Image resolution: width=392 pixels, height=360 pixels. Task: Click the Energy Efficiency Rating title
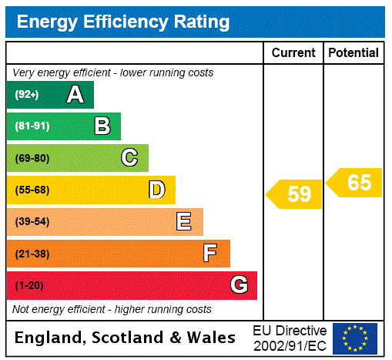pos(123,22)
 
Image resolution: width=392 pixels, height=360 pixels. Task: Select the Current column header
pos(293,53)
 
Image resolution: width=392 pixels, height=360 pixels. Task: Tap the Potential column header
pos(353,53)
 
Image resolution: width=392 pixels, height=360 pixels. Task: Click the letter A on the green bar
pos(75,95)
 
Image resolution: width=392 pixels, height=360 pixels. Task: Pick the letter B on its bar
pos(102,126)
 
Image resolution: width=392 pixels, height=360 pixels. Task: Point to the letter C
pos(129,158)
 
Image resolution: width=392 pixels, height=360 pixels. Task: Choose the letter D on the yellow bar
pos(156,190)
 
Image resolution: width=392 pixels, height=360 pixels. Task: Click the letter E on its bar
pos(184,222)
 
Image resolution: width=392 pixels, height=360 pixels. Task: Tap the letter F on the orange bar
pos(210,254)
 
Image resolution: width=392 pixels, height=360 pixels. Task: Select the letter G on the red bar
pos(239,285)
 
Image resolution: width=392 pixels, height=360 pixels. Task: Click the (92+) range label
pos(27,95)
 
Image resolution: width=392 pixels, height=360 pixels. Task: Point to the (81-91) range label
pos(32,126)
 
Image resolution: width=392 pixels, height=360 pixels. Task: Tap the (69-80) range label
pos(32,158)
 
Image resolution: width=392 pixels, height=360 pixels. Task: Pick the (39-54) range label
pos(32,222)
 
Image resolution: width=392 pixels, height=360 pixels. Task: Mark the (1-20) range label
pos(29,285)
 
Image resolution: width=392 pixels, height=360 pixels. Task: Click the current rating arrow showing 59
pos(295,193)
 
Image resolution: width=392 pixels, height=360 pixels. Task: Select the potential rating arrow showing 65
pos(355,183)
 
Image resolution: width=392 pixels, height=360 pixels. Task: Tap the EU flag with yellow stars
pos(355,338)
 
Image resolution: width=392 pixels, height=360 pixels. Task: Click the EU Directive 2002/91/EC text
pos(290,338)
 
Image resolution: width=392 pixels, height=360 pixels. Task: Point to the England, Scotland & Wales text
pos(126,338)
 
